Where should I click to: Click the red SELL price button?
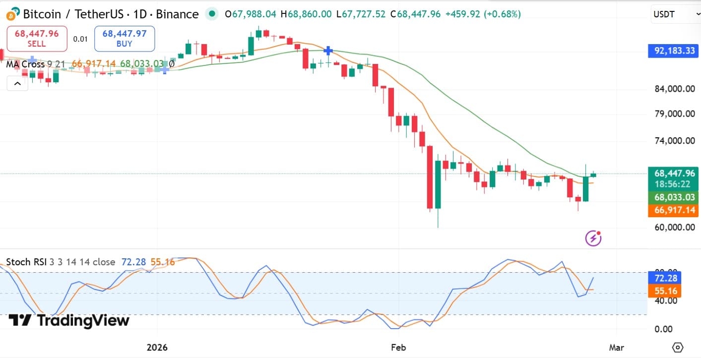37,39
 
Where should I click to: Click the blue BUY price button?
125,39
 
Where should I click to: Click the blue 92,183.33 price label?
673,51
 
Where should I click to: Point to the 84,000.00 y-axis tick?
674,89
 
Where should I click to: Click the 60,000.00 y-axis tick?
674,227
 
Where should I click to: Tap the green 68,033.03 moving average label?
673,197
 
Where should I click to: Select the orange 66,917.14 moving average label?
673,210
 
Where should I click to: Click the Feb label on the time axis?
398,347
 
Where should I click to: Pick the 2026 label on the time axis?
157,347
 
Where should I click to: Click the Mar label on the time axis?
617,347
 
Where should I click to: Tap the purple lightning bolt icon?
593,239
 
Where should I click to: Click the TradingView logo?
69,321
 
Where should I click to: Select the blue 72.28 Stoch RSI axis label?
665,278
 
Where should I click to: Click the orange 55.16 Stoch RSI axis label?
665,291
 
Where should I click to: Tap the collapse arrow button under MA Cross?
17,83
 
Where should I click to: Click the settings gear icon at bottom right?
678,347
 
